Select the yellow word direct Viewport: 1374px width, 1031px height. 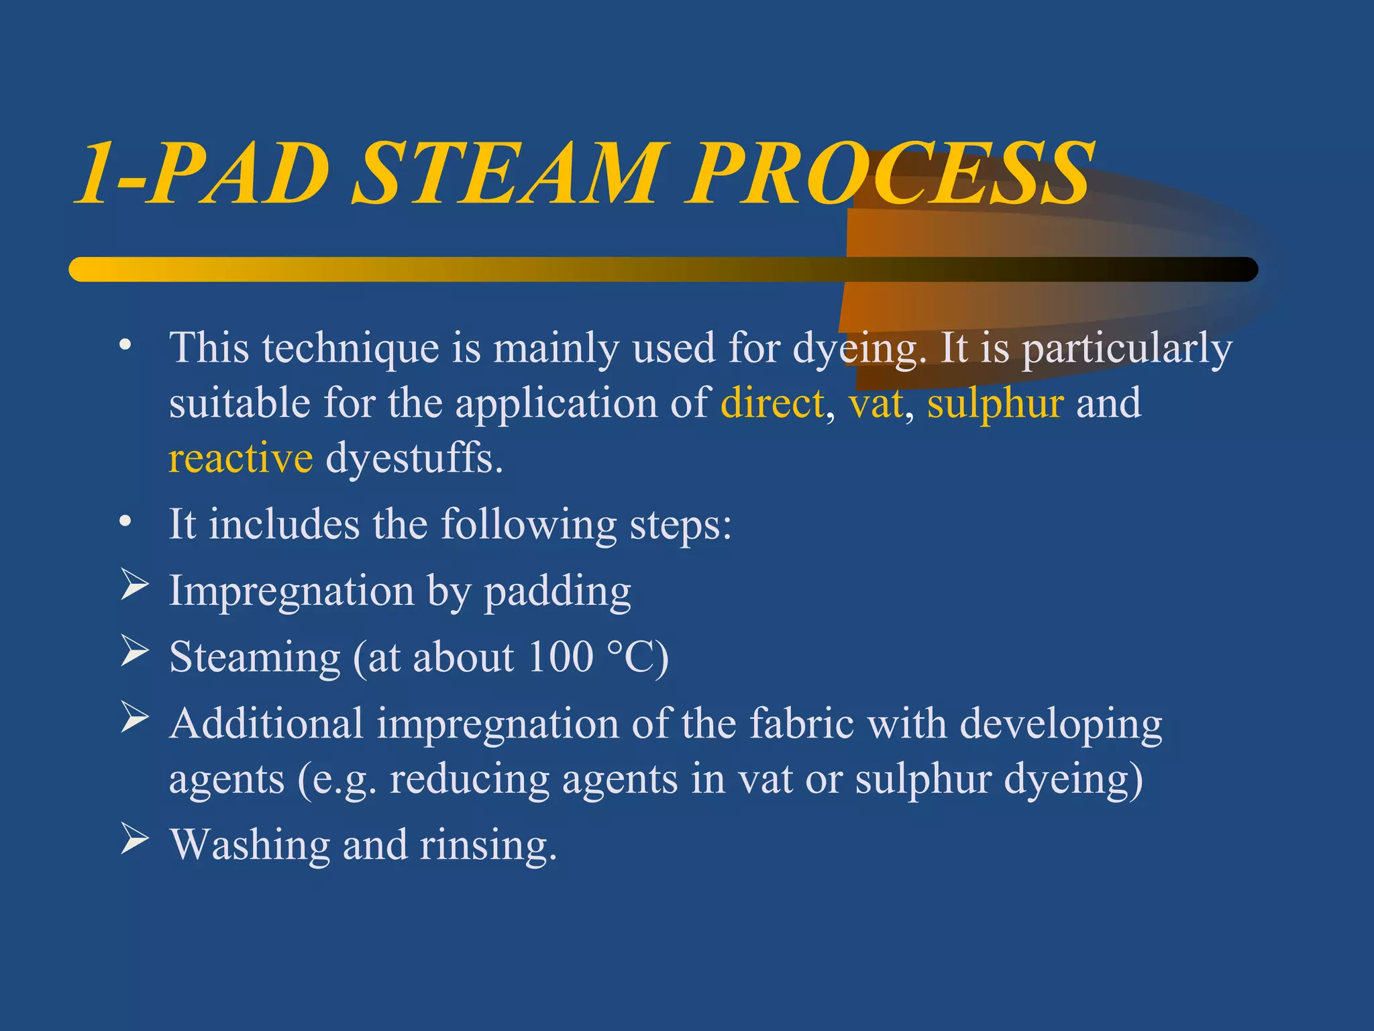[772, 403]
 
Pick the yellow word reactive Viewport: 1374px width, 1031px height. [240, 458]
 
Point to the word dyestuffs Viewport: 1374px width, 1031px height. [414, 458]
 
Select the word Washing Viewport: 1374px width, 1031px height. [250, 845]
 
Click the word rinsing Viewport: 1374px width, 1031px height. [488, 845]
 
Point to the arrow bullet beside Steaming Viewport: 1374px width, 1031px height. [134, 651]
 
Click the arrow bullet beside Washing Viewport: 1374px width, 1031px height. [134, 839]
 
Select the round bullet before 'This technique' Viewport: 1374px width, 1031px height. [125, 345]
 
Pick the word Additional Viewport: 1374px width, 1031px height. [266, 724]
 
